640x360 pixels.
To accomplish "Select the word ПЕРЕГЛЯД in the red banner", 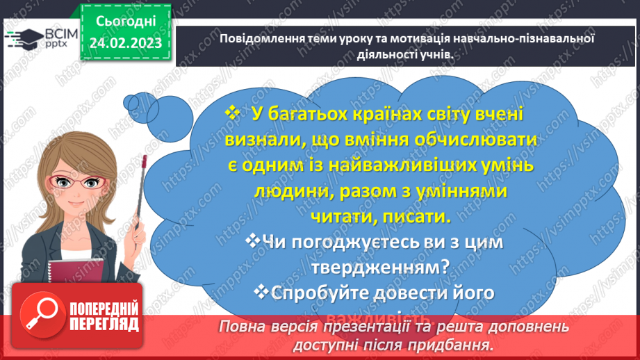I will (104, 324).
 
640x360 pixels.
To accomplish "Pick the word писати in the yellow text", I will (418, 216).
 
